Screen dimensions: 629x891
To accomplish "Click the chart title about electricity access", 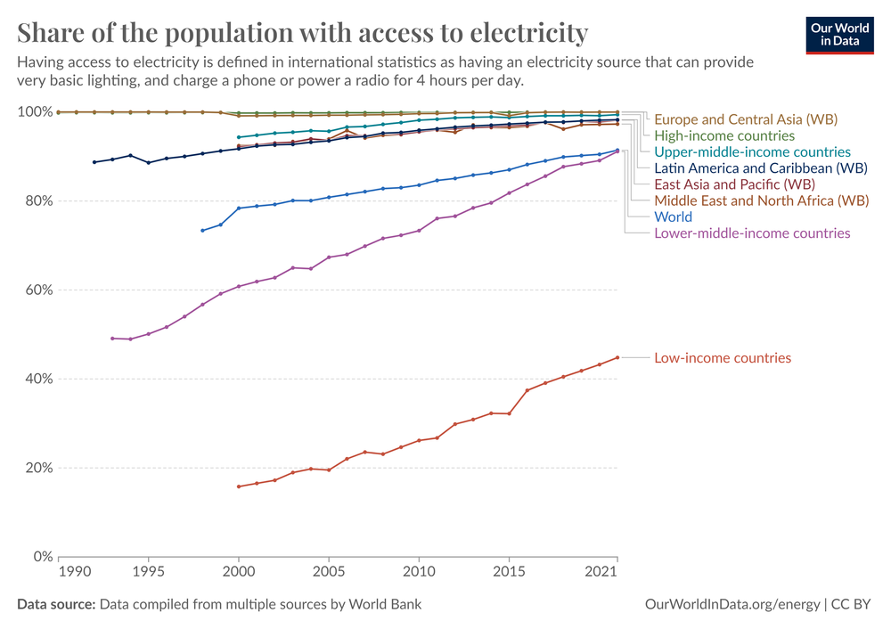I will pos(303,33).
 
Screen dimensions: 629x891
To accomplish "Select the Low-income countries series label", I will pos(722,358).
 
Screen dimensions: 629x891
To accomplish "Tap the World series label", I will pos(673,216).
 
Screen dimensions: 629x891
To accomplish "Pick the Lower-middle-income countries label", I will pos(752,233).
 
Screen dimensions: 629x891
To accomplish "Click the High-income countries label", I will pos(723,136).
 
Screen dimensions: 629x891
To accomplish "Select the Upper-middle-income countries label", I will pos(752,152).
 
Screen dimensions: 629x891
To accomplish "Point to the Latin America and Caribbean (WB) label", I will pos(760,168).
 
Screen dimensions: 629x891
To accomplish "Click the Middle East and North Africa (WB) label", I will pos(761,200).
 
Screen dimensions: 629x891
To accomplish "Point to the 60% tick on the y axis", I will pos(37,290).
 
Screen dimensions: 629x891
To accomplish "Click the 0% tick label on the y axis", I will pos(42,557).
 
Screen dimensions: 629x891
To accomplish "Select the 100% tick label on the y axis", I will pos(35,112).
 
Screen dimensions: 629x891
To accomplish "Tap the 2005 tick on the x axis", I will pos(329,571).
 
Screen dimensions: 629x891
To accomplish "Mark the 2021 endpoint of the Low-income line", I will pos(617,357).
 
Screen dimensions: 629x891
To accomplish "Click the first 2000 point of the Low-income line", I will pos(238,486).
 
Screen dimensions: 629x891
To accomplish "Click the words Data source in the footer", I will pos(56,605).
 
